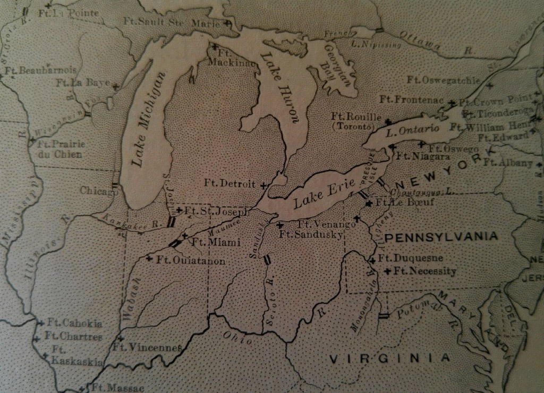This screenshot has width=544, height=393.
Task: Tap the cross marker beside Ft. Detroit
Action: tap(263, 185)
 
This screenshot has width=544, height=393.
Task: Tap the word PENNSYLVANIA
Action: tap(441, 236)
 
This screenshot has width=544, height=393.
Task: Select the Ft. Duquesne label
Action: tap(411, 258)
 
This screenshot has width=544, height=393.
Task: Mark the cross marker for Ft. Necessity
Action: tap(388, 272)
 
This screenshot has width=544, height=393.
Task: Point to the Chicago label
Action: tap(99, 190)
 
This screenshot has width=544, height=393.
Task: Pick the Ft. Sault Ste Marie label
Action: tap(173, 22)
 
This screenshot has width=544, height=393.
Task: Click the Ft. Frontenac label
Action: tap(412, 99)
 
